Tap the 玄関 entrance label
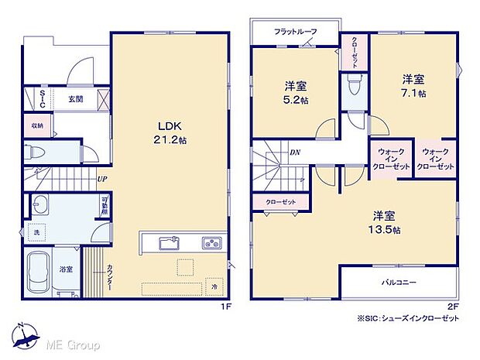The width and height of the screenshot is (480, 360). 75,98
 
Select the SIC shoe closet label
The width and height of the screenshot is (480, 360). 43,98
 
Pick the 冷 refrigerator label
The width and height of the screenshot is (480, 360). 214,286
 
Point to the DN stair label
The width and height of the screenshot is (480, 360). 295,153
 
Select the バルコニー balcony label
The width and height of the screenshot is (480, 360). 398,282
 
